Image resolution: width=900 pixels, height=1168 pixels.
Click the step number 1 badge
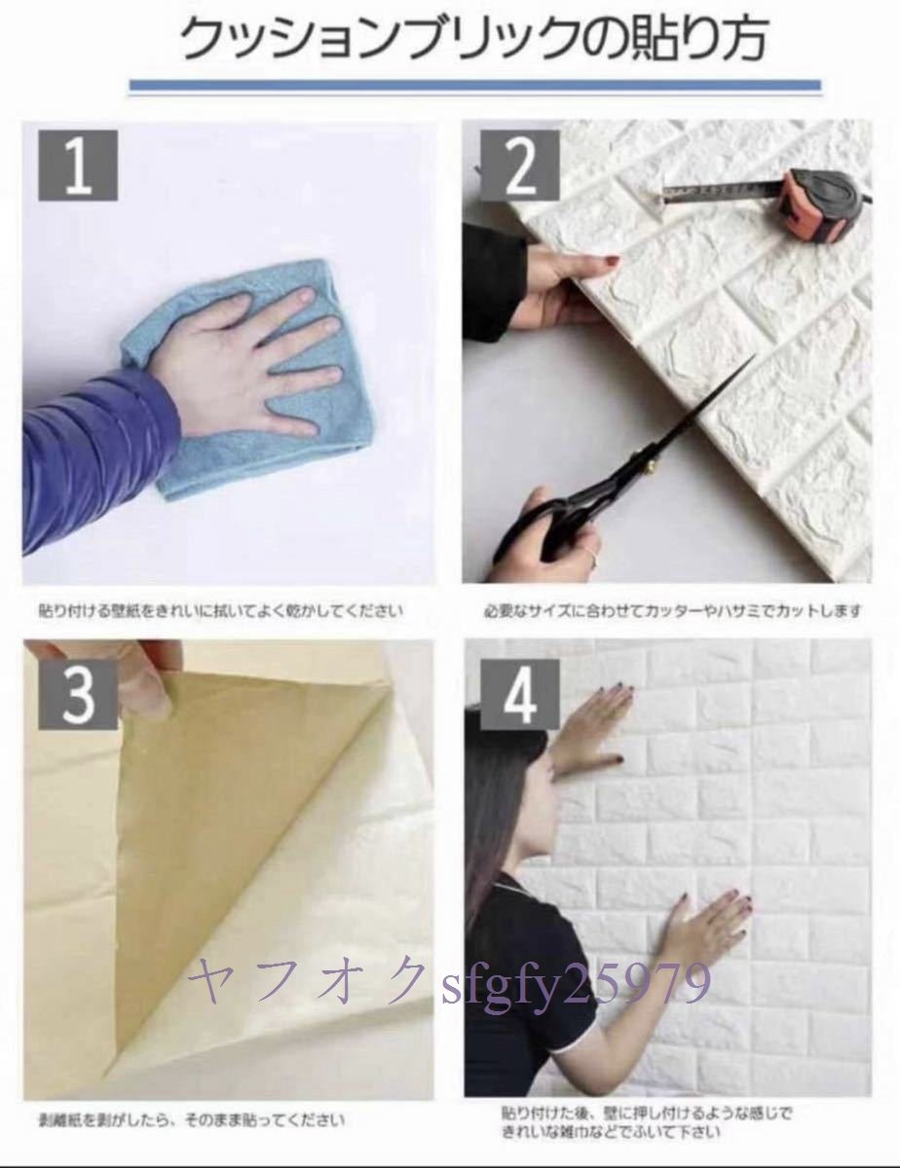(78, 165)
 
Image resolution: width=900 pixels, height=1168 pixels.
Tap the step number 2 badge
(519, 165)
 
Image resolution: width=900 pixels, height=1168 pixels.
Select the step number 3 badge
(78, 694)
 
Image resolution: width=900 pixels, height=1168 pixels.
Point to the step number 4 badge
(519, 694)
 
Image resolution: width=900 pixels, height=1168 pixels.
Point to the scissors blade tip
(751, 361)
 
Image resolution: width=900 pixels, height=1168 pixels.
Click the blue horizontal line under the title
(475, 85)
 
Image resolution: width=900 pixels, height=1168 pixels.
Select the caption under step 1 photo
(221, 611)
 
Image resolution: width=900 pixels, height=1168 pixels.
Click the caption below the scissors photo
(673, 611)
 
